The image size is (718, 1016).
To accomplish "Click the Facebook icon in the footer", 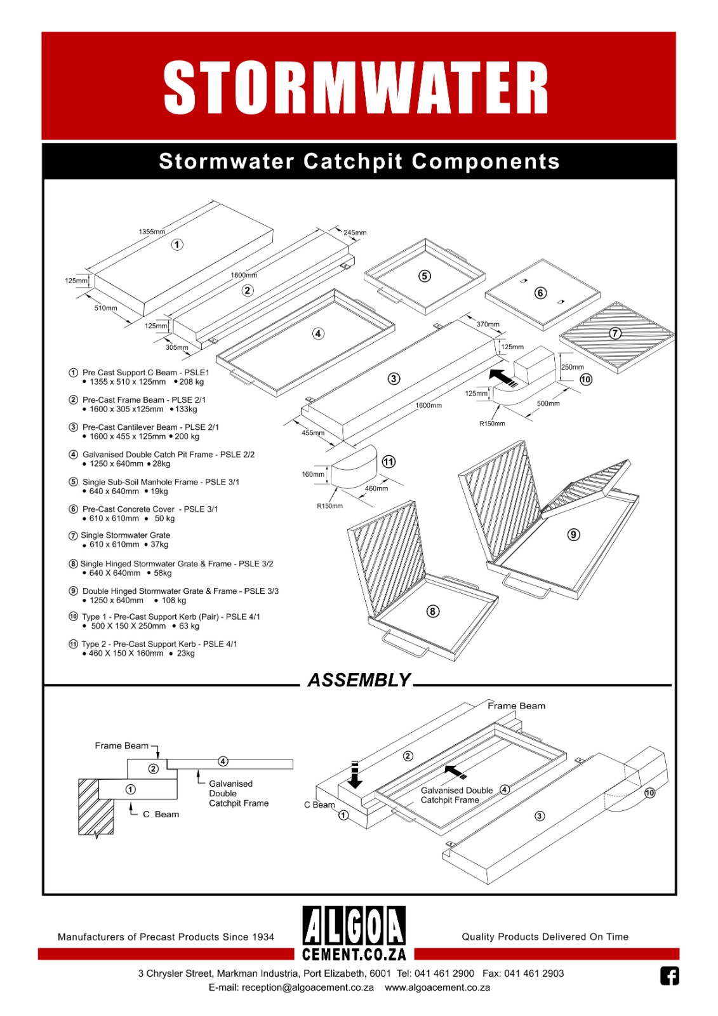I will pyautogui.click(x=669, y=975).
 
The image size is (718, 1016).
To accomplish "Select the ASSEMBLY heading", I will pyautogui.click(x=359, y=680).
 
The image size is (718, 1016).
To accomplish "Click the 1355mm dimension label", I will pyautogui.click(x=152, y=232).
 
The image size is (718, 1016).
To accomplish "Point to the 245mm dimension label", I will pyautogui.click(x=355, y=232).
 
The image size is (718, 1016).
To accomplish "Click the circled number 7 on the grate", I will pyautogui.click(x=615, y=333).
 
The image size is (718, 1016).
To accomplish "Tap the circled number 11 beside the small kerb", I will pyautogui.click(x=389, y=462).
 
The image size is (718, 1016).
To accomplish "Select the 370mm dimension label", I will pyautogui.click(x=488, y=324).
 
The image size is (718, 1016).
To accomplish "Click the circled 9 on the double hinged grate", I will pyautogui.click(x=573, y=535).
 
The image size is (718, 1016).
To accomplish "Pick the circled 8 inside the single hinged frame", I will pyautogui.click(x=432, y=611).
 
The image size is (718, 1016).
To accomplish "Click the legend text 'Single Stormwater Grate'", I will pyautogui.click(x=125, y=535).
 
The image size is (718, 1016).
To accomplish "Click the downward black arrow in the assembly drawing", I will pyautogui.click(x=355, y=775).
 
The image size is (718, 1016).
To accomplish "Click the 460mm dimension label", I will pyautogui.click(x=376, y=488).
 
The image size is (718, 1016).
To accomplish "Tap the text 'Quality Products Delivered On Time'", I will pyautogui.click(x=545, y=937).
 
